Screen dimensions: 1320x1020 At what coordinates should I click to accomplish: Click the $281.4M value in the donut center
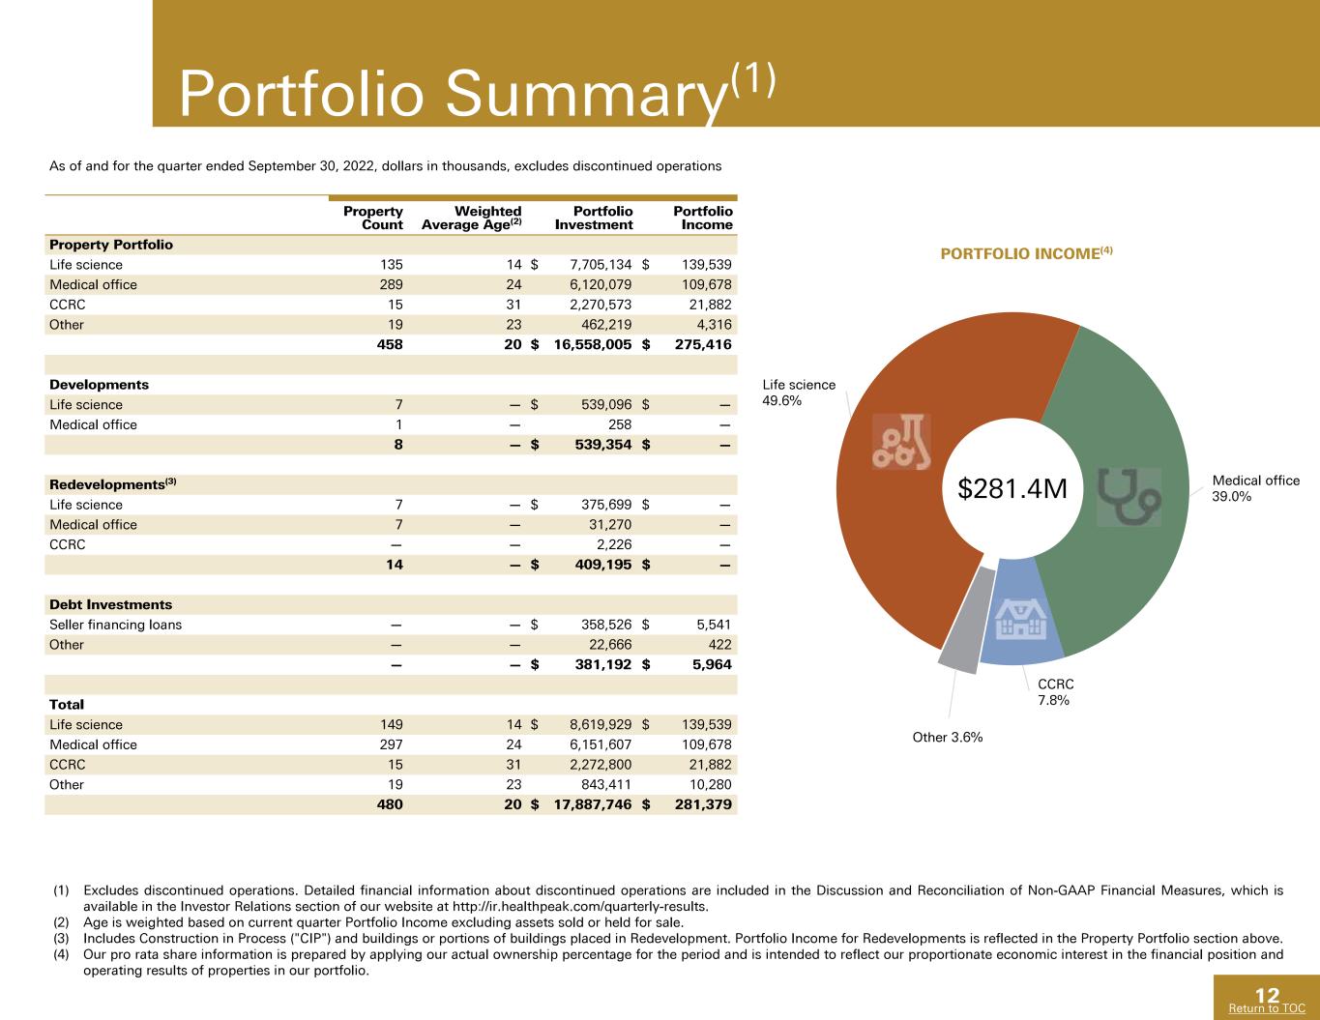click(x=1012, y=489)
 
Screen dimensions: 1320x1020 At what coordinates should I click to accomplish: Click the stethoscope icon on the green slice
click(x=1129, y=497)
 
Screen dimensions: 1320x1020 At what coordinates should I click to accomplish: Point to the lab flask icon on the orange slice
click(x=901, y=442)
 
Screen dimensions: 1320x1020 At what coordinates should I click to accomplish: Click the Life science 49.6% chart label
click(x=799, y=393)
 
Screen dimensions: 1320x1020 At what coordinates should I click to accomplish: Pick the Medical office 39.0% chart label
click(x=1255, y=488)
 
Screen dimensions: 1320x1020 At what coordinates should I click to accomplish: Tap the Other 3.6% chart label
click(x=947, y=737)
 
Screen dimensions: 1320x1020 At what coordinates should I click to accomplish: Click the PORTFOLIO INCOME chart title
click(x=1026, y=253)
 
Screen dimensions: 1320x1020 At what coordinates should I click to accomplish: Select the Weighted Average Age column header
click(x=471, y=218)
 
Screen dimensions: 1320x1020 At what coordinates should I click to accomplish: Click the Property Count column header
click(x=373, y=218)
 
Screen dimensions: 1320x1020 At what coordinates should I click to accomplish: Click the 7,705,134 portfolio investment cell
click(x=601, y=265)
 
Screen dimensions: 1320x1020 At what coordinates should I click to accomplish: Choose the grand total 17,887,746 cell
click(x=592, y=804)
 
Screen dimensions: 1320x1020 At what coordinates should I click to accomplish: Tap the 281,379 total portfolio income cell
click(x=703, y=804)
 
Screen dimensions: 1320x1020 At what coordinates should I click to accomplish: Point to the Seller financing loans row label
click(x=115, y=625)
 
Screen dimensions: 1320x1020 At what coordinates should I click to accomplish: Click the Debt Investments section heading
click(x=110, y=604)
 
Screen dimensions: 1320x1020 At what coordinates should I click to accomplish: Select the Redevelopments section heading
click(x=113, y=484)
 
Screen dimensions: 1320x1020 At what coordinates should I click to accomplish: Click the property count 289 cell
click(x=392, y=285)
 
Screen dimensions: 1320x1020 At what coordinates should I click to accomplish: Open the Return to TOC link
click(x=1267, y=1008)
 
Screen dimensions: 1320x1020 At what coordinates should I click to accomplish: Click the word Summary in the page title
click(x=586, y=94)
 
